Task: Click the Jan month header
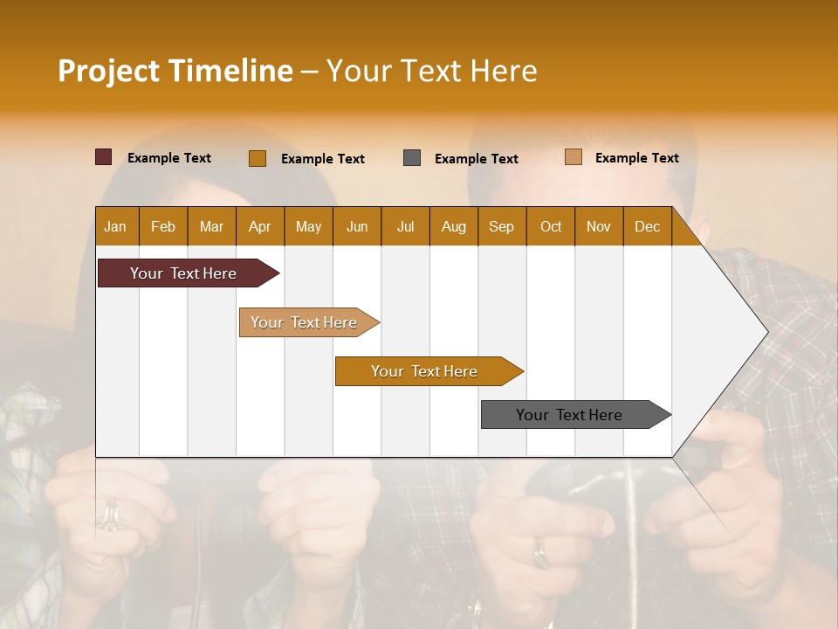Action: click(115, 226)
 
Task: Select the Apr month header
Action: click(259, 226)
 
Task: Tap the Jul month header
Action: click(405, 226)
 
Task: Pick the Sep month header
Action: click(501, 226)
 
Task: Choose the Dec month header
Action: click(647, 226)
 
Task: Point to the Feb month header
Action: click(163, 226)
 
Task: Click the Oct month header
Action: click(550, 226)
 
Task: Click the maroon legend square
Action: click(104, 157)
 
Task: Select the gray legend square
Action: click(412, 158)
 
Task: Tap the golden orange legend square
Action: click(258, 158)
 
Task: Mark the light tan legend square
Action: click(574, 157)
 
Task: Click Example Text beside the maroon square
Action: click(169, 158)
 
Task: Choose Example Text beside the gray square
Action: click(477, 159)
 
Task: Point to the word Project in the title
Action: click(107, 71)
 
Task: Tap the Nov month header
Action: click(599, 226)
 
